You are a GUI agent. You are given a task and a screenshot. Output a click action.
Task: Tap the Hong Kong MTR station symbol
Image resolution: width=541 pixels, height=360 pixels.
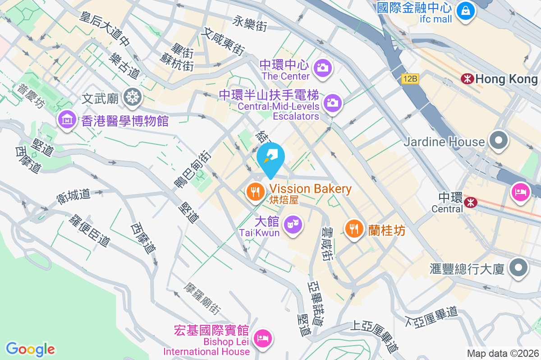pyautogui.click(x=467, y=79)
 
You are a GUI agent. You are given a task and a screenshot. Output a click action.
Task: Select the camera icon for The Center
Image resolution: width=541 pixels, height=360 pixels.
pyautogui.click(x=323, y=68)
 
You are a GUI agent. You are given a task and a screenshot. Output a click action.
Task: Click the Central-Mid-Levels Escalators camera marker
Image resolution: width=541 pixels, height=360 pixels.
pyautogui.click(x=333, y=103)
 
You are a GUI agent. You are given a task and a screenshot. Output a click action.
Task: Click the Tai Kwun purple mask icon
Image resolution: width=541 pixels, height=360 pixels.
pyautogui.click(x=293, y=224)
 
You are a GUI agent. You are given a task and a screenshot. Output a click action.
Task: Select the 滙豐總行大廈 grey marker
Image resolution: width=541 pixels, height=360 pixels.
pyautogui.click(x=518, y=268)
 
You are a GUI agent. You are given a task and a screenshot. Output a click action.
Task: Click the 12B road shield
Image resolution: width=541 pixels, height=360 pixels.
pyautogui.click(x=411, y=79)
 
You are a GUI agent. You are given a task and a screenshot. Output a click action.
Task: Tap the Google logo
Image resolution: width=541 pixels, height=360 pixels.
pyautogui.click(x=30, y=349)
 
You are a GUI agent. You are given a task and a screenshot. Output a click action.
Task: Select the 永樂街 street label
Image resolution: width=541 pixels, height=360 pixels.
pyautogui.click(x=250, y=23)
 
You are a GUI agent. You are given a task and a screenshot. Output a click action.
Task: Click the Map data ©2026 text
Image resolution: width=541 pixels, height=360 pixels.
pyautogui.click(x=502, y=353)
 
